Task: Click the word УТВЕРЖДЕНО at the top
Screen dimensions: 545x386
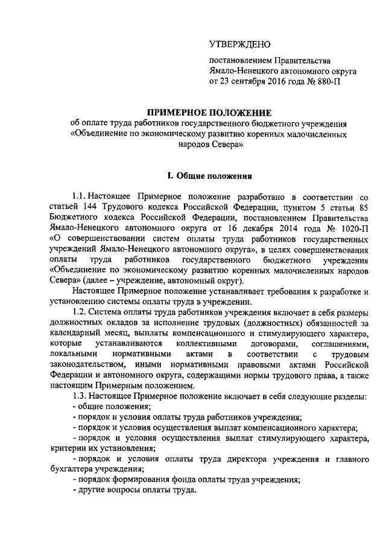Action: pyautogui.click(x=240, y=44)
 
